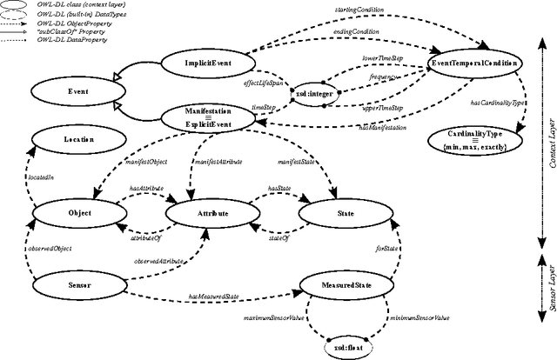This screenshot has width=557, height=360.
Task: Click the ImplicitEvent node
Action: pos(206,63)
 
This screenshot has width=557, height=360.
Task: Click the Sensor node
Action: pos(73,283)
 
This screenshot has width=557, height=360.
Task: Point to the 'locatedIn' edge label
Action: pos(30,177)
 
